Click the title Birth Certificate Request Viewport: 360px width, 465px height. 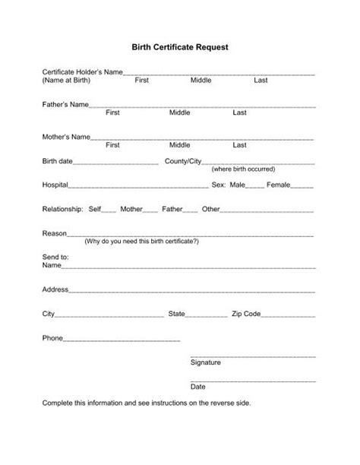coord(180,46)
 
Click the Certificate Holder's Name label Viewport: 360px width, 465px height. coord(82,71)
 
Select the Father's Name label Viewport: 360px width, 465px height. coord(65,104)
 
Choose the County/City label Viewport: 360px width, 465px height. coord(183,161)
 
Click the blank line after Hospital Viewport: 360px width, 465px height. coord(139,186)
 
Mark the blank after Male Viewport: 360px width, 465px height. coord(256,186)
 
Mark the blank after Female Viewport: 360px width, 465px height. coord(302,186)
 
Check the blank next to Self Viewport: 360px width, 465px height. coord(109,210)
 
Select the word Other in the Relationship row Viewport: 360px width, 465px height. coord(210,209)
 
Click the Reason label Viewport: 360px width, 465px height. coord(55,233)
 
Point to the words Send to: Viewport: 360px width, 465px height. coord(55,258)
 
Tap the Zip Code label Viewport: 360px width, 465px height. coord(247,313)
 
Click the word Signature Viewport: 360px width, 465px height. coord(206,362)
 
